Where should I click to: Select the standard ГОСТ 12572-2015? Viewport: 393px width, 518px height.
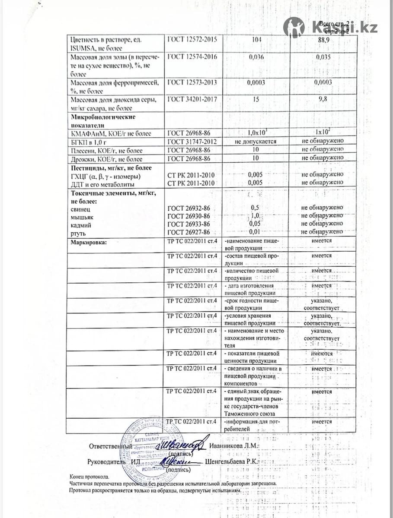point(192,39)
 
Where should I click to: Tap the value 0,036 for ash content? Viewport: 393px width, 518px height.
point(256,57)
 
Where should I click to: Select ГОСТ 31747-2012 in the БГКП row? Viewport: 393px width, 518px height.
point(192,141)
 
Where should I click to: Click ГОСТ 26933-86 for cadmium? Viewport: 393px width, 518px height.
point(189,224)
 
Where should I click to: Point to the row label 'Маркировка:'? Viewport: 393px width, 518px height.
point(88,242)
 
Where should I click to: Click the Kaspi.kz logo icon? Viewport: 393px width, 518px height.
point(294,28)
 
